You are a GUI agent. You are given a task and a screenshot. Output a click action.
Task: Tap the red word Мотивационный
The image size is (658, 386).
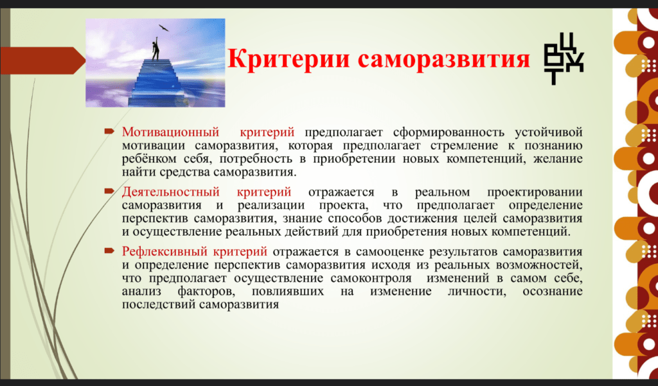coord(170,132)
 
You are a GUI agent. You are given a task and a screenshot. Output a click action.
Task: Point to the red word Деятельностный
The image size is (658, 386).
coord(171,192)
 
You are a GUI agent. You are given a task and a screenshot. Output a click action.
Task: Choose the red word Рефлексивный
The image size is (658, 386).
coord(164,252)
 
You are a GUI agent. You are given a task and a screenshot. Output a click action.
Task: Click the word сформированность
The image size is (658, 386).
coord(449,132)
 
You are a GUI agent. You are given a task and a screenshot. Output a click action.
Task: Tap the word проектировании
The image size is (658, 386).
coord(535,193)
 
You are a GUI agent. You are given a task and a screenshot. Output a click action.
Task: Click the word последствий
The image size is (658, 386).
coord(157,304)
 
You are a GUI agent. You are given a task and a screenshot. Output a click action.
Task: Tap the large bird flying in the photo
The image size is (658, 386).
coord(163,28)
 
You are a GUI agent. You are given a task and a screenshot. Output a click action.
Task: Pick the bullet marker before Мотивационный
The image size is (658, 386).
coord(109,132)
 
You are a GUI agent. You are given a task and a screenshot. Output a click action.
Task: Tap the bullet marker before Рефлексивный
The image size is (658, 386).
coord(109,251)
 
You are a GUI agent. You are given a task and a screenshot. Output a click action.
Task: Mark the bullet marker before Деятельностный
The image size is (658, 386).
coord(109,191)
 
